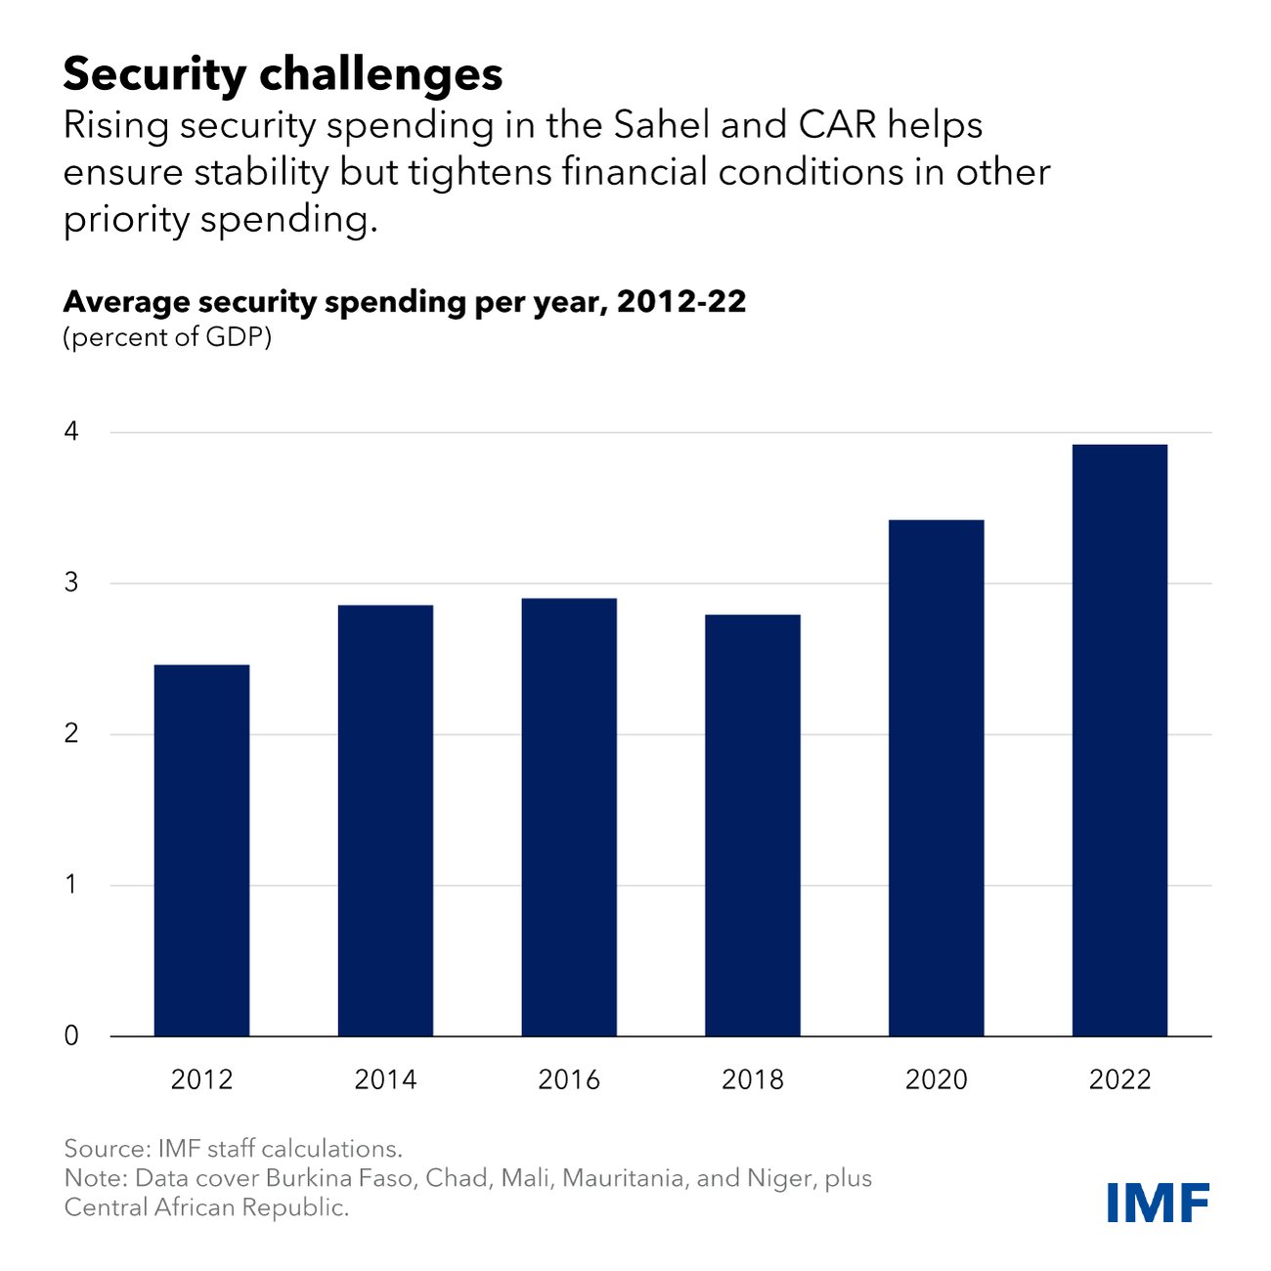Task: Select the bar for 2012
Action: (201, 851)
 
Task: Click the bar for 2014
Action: (385, 821)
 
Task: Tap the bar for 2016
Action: (569, 817)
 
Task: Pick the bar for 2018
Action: (753, 826)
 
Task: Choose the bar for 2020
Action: (936, 778)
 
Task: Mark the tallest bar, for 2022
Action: (1119, 740)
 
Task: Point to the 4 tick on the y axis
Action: (71, 432)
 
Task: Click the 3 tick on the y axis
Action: (71, 584)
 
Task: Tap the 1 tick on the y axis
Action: (71, 885)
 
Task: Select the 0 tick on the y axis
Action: (71, 1036)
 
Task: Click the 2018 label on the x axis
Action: (753, 1079)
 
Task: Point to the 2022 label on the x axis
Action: (1119, 1079)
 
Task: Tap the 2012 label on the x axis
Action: (201, 1079)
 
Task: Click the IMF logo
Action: (1159, 1202)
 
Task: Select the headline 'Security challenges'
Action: (283, 74)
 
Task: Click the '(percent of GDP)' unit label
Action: (167, 338)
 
